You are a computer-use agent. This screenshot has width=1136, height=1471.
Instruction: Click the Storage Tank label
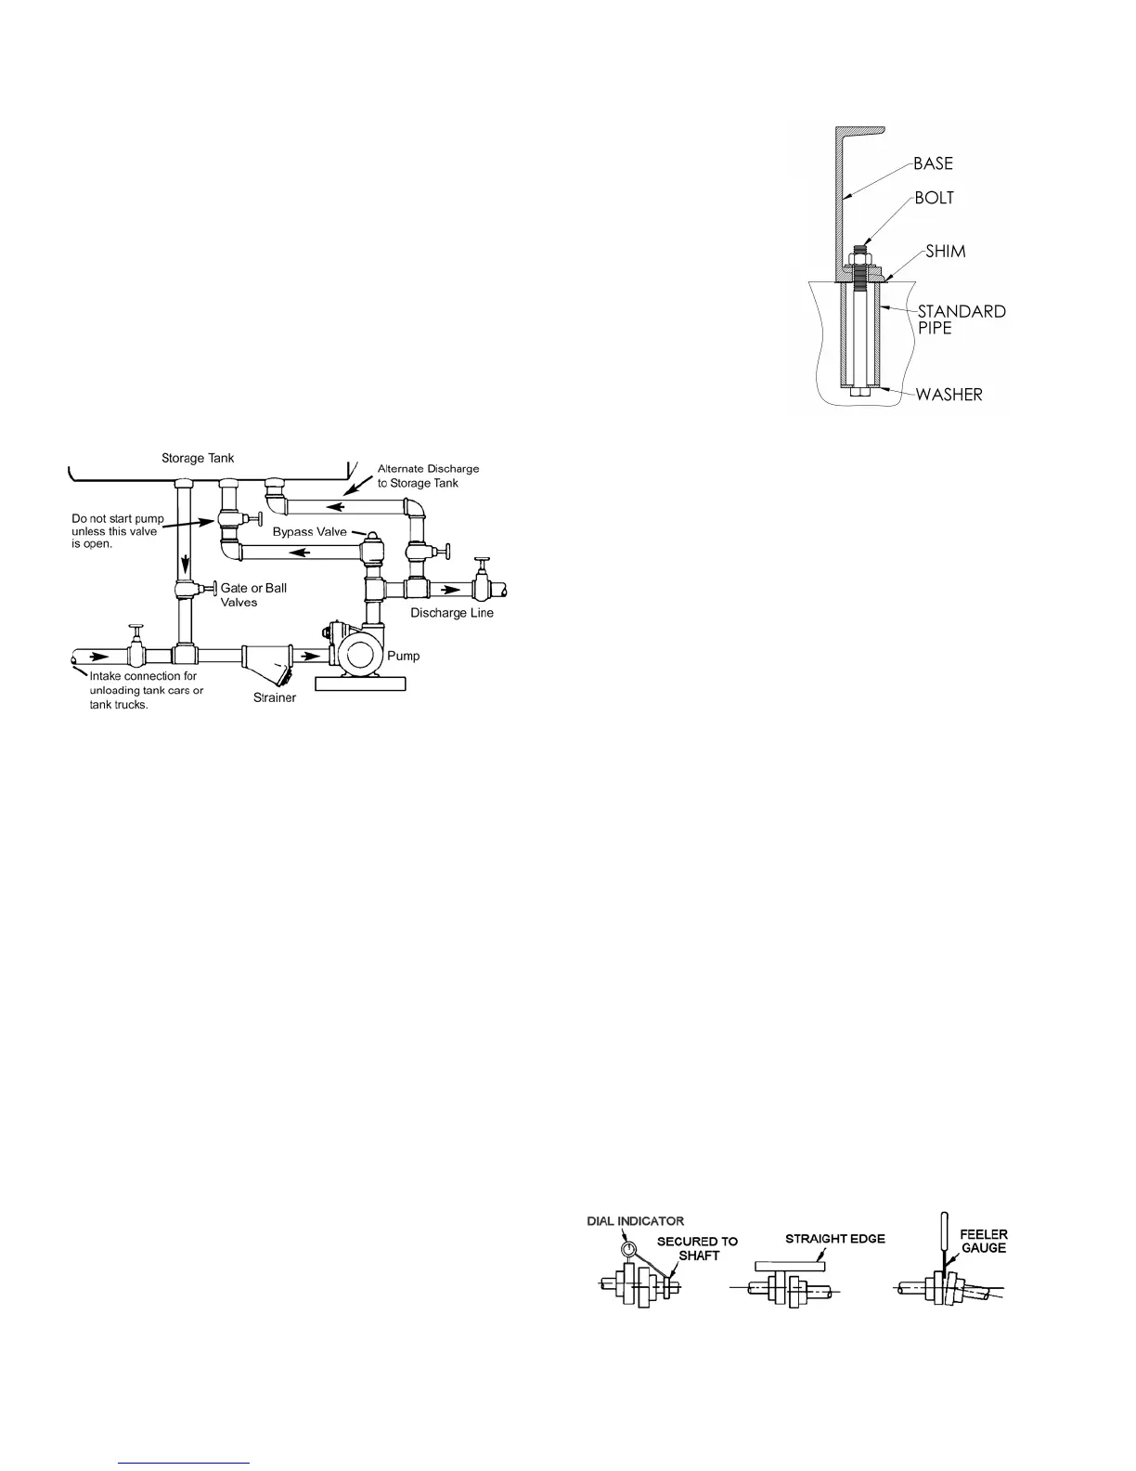pos(198,458)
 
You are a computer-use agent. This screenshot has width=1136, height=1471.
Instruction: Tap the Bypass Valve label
pos(309,532)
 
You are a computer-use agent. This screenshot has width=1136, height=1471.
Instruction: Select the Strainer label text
pos(275,697)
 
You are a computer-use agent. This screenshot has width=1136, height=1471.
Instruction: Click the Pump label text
pos(403,656)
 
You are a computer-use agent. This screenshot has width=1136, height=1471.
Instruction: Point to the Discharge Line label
pos(452,613)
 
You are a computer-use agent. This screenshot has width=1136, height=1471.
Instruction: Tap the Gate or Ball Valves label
pos(253,595)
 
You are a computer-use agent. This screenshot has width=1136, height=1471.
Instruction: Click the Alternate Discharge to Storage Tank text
pos(428,475)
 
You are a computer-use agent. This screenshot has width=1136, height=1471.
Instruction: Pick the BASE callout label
pos(933,163)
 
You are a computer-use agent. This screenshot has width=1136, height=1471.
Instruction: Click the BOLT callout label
pos(933,198)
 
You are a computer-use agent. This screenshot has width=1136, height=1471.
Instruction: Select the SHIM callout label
pos(946,252)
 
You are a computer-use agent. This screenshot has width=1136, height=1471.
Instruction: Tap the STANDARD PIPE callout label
pos(962,319)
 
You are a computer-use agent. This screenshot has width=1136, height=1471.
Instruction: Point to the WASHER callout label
pos(949,395)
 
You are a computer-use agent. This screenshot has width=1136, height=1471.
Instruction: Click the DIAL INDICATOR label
pos(635,1221)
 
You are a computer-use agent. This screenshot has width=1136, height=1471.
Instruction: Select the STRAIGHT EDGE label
pos(835,1238)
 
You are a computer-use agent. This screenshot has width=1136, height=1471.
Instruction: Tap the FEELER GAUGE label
pos(983,1241)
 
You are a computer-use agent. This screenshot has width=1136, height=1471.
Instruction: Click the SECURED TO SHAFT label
pos(697,1248)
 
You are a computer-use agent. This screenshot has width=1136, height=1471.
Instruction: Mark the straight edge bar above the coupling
pos(791,1265)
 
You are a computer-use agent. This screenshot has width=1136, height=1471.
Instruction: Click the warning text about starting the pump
pos(118,531)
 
